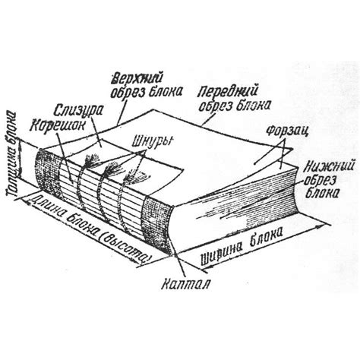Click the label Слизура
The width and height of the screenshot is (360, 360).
79,112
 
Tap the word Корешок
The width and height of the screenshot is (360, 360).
57,125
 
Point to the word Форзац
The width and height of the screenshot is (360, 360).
288,131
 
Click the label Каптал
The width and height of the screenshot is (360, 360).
186,284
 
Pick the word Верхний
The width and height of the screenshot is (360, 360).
137,79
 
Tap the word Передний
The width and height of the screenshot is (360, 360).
228,93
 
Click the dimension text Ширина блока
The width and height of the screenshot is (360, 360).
242,245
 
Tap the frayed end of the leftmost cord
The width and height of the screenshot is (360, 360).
92,160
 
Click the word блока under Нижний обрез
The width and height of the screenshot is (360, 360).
322,193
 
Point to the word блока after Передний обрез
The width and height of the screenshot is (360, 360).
253,106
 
